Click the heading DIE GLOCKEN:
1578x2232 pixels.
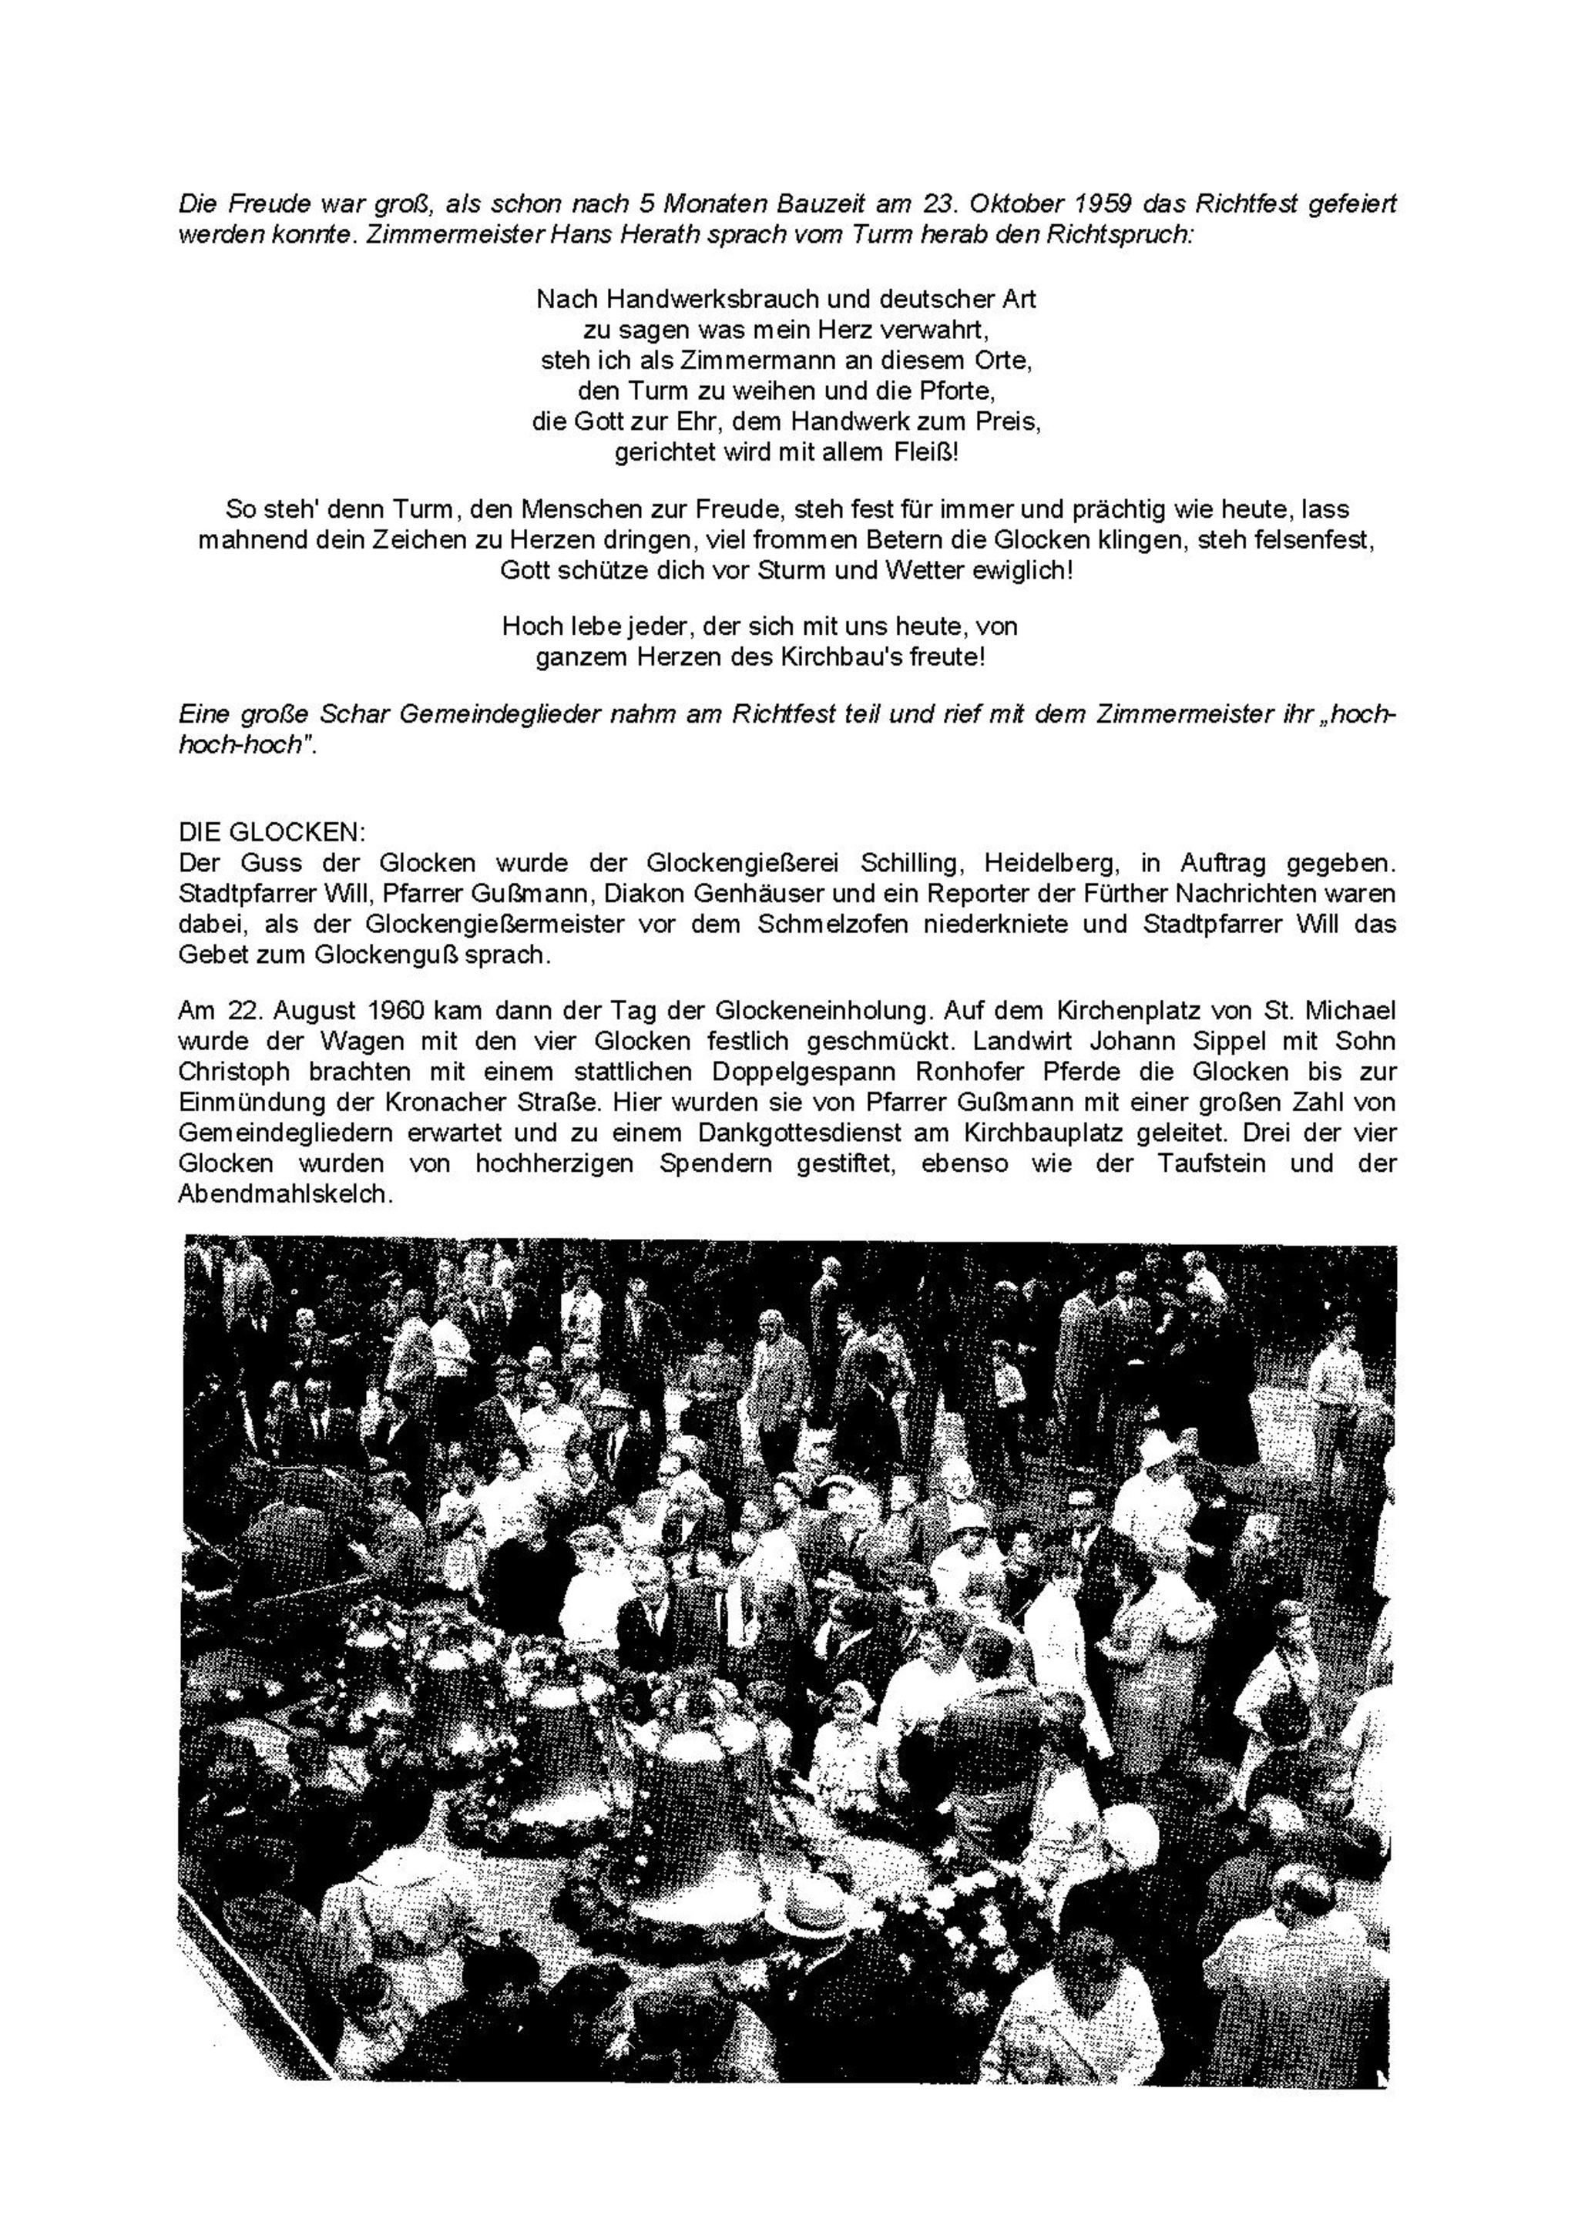pos(271,832)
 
